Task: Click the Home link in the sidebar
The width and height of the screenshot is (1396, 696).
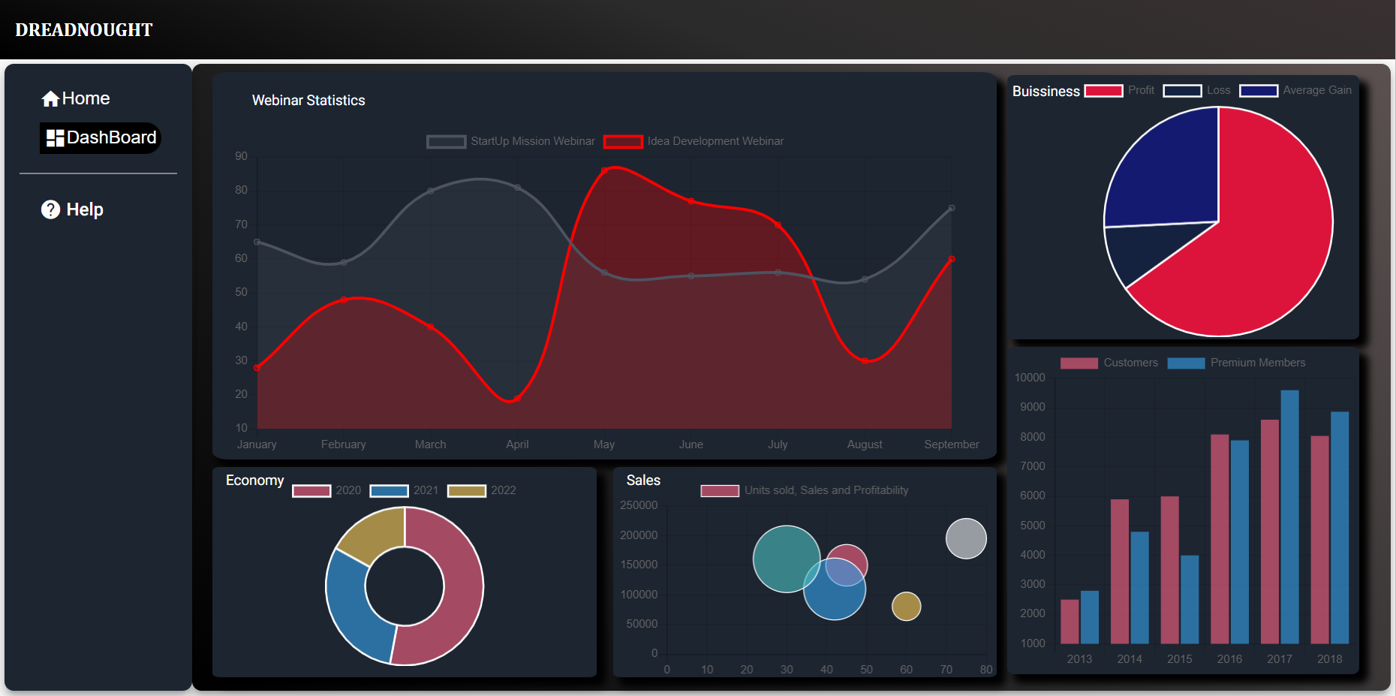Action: (76, 98)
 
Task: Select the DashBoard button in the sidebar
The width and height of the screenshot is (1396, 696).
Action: (101, 138)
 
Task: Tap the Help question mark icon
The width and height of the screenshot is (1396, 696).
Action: (50, 209)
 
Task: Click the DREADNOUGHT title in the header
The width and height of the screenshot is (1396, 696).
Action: (84, 30)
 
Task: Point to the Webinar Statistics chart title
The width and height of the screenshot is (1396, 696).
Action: (308, 101)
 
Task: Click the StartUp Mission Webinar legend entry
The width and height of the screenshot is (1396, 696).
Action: (511, 141)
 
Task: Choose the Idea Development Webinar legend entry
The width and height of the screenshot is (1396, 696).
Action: (694, 141)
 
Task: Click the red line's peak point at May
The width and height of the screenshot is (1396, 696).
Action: (605, 170)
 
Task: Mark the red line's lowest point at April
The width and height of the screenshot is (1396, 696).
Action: (517, 398)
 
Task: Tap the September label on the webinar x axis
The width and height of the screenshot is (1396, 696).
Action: (951, 444)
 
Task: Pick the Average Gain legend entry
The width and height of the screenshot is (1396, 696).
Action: (1295, 90)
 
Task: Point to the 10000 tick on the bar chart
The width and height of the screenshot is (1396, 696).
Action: (1030, 378)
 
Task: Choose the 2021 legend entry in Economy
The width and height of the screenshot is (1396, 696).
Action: (405, 490)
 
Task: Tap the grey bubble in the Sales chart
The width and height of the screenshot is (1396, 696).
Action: (966, 538)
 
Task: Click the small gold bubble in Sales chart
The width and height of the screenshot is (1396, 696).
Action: (906, 607)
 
